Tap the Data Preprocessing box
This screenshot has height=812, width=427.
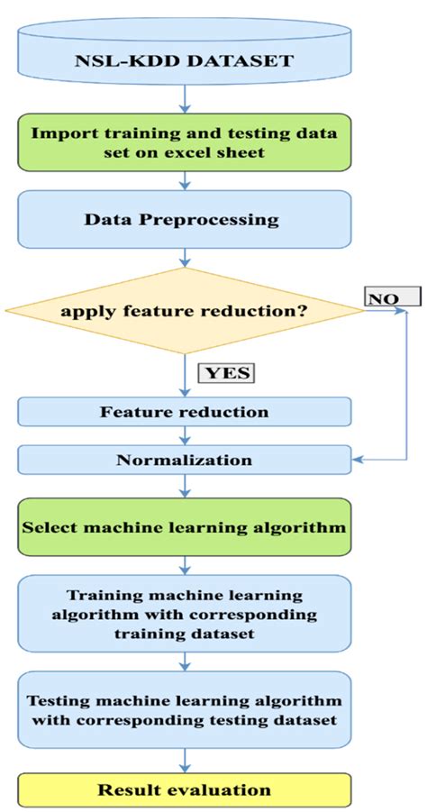click(x=185, y=220)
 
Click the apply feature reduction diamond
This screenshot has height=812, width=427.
click(x=185, y=312)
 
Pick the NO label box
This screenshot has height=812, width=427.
click(x=392, y=296)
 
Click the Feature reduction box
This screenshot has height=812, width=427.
click(x=185, y=412)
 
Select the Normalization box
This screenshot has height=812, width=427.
click(x=185, y=460)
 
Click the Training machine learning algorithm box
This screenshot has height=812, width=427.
click(x=185, y=615)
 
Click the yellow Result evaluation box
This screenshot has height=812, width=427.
click(x=185, y=789)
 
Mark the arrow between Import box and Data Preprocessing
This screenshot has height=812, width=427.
click(x=185, y=180)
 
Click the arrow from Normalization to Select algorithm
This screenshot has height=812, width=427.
click(x=185, y=488)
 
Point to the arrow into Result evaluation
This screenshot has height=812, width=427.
click(x=185, y=761)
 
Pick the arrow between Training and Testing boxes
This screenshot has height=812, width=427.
click(x=185, y=661)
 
